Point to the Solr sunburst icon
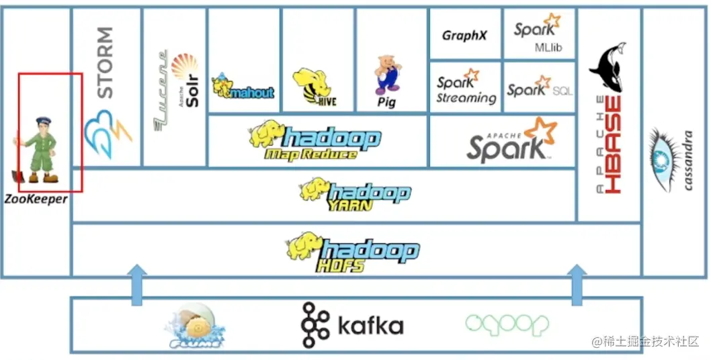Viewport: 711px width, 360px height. (x=184, y=68)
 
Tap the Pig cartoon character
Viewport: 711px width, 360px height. (x=388, y=75)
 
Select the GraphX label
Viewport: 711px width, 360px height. (x=464, y=36)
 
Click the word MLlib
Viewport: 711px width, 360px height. (x=548, y=48)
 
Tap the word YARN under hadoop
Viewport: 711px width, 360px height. (x=349, y=206)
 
